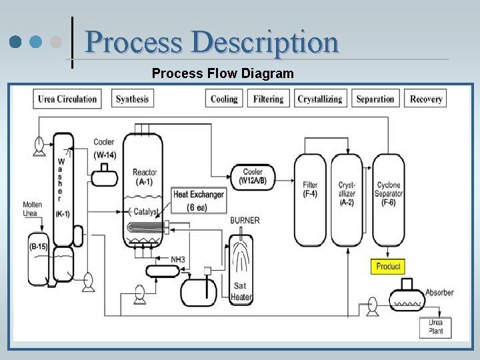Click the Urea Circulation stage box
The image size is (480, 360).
(67, 99)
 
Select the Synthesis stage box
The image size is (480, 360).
(132, 99)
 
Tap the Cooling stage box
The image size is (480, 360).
(224, 99)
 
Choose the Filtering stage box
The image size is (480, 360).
(268, 99)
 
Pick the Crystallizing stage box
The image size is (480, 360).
(319, 99)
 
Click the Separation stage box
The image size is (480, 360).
(375, 99)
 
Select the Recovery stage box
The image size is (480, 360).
(426, 99)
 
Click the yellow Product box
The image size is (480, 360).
(388, 266)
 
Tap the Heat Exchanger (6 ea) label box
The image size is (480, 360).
(199, 201)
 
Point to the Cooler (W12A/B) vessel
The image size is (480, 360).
(253, 176)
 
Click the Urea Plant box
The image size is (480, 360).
(435, 327)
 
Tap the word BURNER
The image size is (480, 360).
(245, 221)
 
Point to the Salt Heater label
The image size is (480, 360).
(241, 292)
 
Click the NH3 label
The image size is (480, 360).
(178, 259)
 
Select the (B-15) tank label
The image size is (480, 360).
(38, 247)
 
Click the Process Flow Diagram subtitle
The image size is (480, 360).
(223, 73)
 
